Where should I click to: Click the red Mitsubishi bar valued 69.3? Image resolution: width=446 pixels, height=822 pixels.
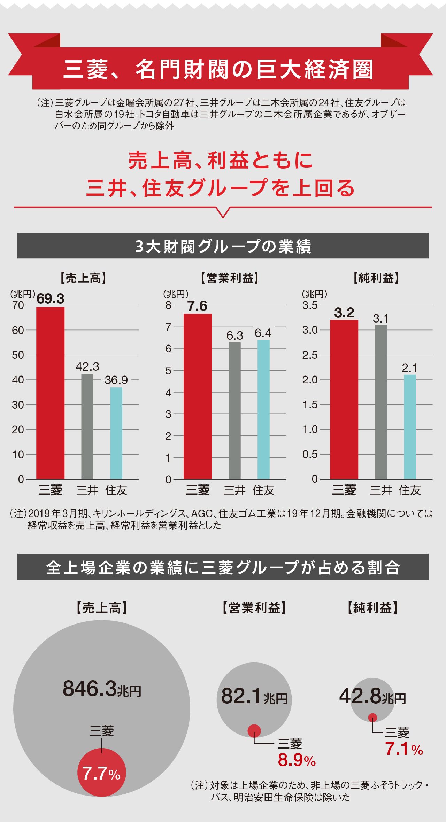50,393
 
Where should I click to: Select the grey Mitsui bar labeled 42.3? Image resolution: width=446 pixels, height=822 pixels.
87,426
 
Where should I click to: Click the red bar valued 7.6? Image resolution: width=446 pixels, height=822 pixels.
198,396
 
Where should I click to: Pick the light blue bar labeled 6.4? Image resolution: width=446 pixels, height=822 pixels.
263,409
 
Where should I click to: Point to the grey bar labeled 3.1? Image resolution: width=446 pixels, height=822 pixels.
381,402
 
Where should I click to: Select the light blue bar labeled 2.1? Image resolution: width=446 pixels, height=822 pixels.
410,427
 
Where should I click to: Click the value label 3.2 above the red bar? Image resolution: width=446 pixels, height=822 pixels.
344,313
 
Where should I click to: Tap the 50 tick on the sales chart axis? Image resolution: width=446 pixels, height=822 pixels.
18,355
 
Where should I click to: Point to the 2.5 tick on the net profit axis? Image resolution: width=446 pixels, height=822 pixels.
310,355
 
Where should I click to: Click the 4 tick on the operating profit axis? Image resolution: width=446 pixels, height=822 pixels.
168,393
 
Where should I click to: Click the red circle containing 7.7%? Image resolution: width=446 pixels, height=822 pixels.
101,772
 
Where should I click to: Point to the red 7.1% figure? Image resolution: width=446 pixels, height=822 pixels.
404,749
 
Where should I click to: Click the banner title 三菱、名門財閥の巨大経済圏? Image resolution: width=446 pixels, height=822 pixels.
219,69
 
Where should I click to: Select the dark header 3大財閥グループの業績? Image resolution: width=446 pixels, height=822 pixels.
223,246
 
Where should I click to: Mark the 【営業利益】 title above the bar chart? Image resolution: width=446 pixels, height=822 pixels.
230,278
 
